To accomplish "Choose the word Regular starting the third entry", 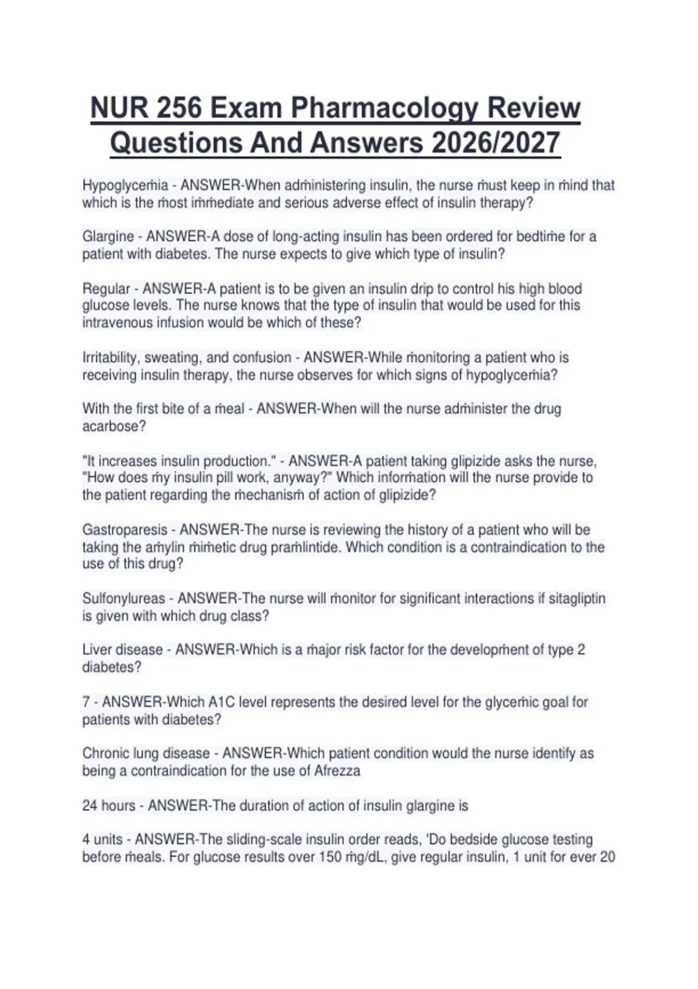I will pyautogui.click(x=106, y=289).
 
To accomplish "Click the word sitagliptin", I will pyautogui.click(x=577, y=599).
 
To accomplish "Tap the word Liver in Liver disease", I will pyautogui.click(x=97, y=650).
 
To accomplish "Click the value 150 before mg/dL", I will pyautogui.click(x=330, y=857).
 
